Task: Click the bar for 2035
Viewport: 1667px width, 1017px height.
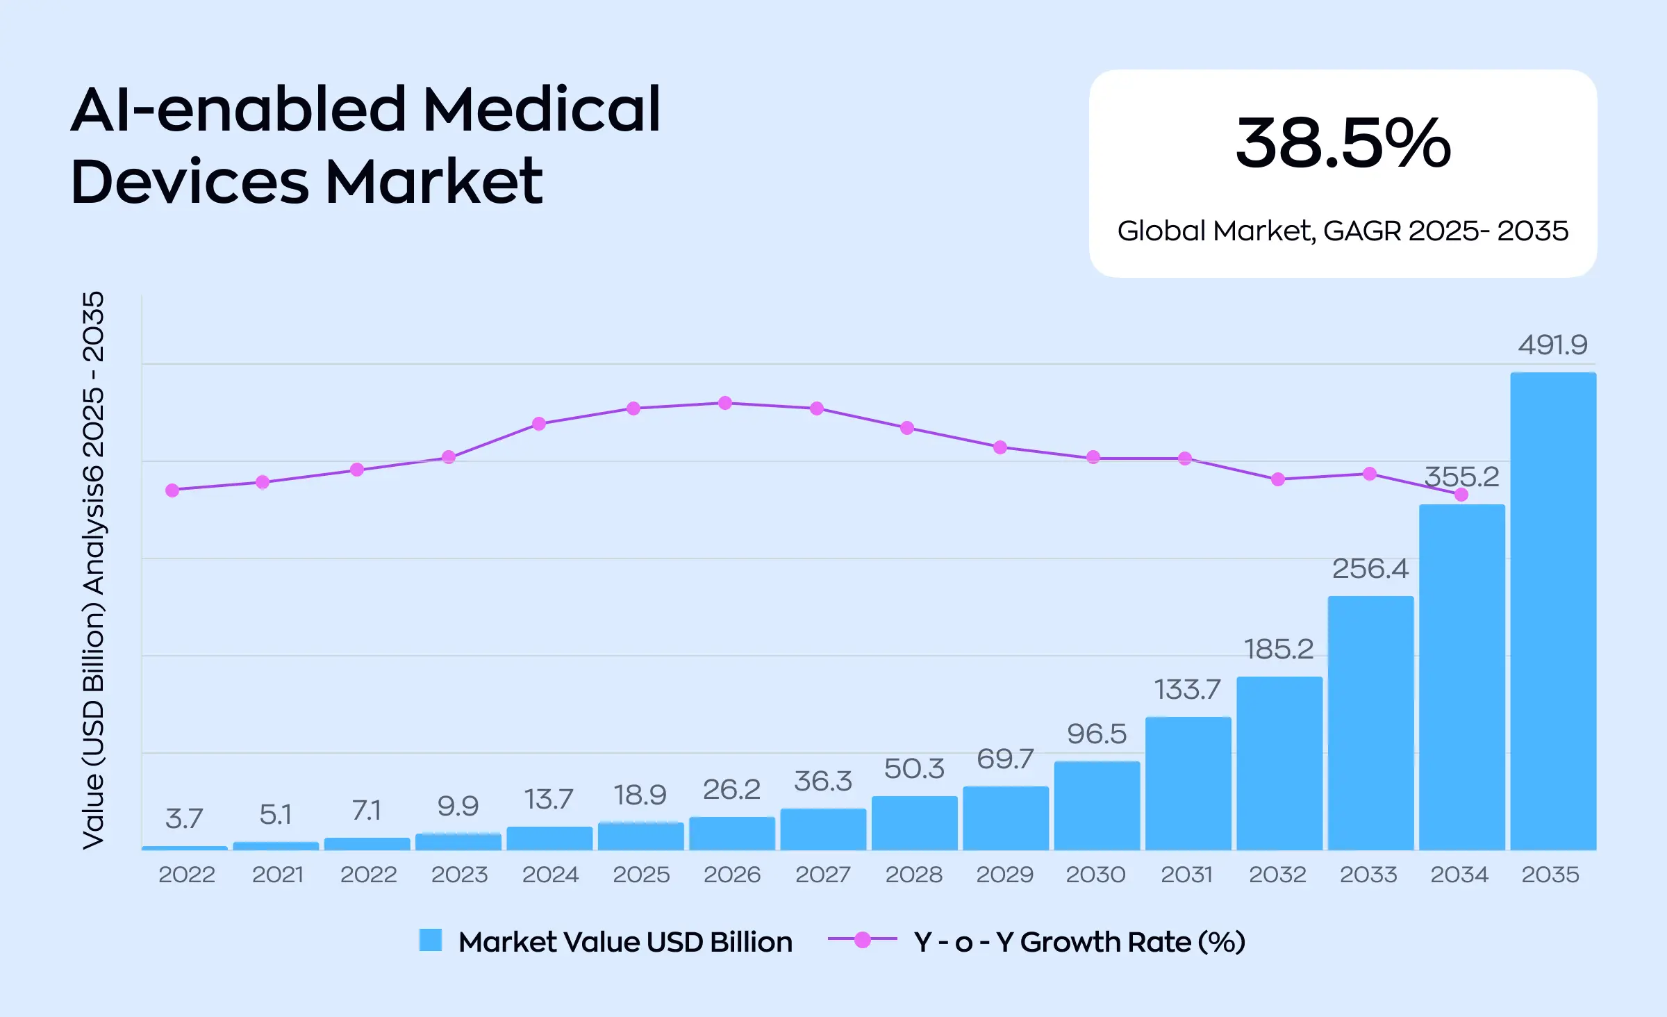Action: pyautogui.click(x=1553, y=611)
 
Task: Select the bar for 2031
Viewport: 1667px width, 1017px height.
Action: pyautogui.click(x=1188, y=784)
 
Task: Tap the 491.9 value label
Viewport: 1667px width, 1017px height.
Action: pyautogui.click(x=1552, y=345)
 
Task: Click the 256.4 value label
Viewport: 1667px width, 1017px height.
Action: pyautogui.click(x=1370, y=569)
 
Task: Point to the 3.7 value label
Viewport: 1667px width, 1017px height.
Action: pyautogui.click(x=184, y=818)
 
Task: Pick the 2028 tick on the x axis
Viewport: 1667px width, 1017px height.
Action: pyautogui.click(x=914, y=874)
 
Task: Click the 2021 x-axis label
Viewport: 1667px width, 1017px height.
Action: pyautogui.click(x=277, y=874)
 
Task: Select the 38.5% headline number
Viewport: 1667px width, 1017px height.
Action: pyautogui.click(x=1343, y=143)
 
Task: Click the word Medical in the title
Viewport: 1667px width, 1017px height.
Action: pyautogui.click(x=541, y=109)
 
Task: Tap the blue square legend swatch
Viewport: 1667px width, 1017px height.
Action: pyautogui.click(x=431, y=940)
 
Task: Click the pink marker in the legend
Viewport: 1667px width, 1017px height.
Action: pyautogui.click(x=862, y=940)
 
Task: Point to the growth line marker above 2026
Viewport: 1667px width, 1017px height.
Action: pyautogui.click(x=725, y=403)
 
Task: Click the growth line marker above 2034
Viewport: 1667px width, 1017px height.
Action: pyautogui.click(x=1461, y=495)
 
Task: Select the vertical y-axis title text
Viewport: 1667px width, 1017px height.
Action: pyautogui.click(x=93, y=570)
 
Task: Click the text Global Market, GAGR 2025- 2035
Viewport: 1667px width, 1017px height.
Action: pyautogui.click(x=1343, y=231)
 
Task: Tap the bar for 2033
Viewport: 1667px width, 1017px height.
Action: pyautogui.click(x=1370, y=722)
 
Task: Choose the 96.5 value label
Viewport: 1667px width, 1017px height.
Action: pyautogui.click(x=1097, y=734)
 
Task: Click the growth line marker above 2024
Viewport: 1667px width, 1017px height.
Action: pyautogui.click(x=539, y=424)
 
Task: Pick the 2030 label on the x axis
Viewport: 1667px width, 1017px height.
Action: pyautogui.click(x=1095, y=874)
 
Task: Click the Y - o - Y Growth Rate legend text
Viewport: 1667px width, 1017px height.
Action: pyautogui.click(x=1079, y=942)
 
